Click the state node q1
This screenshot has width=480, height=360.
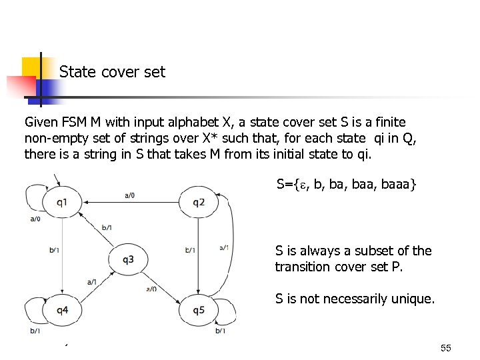[x=61, y=202]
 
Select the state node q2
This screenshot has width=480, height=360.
[x=199, y=202]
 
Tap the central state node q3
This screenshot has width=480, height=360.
[x=128, y=258]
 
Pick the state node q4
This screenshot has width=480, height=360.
[x=61, y=310]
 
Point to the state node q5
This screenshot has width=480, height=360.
[x=199, y=310]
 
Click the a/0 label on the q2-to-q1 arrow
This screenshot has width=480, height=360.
[x=130, y=195]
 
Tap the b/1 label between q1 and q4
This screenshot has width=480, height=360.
[x=54, y=251]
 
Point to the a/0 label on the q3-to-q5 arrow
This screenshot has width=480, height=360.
[x=151, y=289]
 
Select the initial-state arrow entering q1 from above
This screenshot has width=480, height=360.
[x=59, y=180]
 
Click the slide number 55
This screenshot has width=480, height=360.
[x=446, y=348]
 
